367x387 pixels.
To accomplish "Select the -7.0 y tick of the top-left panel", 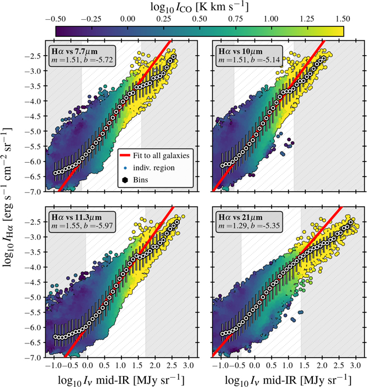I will pos(34,192).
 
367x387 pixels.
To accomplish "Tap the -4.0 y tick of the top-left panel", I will pos(34,101).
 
